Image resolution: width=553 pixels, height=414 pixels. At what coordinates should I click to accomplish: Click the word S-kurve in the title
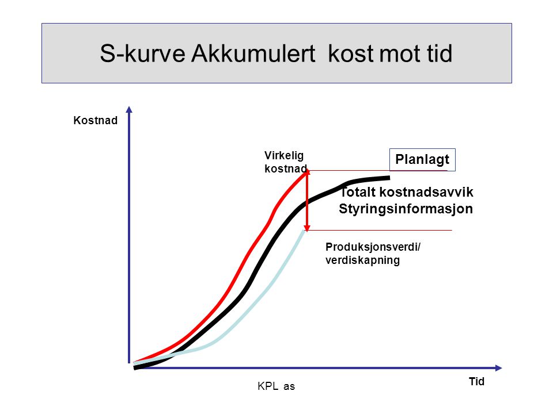click(x=142, y=53)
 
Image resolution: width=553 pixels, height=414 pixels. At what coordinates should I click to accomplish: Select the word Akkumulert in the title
click(x=253, y=53)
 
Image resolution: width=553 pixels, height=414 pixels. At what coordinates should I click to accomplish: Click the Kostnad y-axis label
click(x=95, y=120)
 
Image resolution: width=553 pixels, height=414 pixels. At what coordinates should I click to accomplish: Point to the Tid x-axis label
click(x=476, y=381)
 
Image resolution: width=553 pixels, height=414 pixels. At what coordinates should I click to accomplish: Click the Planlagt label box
click(x=422, y=159)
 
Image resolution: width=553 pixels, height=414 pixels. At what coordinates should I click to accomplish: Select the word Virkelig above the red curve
click(x=284, y=156)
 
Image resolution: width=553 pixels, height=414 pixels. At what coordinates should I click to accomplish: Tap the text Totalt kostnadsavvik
click(x=406, y=192)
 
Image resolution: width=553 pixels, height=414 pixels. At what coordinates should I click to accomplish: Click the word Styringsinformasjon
click(x=406, y=209)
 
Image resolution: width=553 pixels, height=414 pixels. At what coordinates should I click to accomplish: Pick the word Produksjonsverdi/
click(x=373, y=247)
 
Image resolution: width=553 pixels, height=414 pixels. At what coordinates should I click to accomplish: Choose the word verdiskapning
click(x=362, y=260)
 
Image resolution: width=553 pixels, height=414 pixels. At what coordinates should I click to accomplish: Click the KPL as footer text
click(x=276, y=386)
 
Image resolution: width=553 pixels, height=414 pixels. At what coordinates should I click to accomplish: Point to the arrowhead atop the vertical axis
click(x=129, y=109)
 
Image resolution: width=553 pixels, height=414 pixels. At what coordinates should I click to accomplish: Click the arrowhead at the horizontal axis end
click(x=498, y=368)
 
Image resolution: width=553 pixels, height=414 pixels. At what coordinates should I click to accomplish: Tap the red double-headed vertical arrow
click(x=307, y=200)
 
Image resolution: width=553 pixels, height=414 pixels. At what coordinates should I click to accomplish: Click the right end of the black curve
click(x=389, y=178)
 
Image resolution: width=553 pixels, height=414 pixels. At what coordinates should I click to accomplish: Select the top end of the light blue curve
click(x=304, y=231)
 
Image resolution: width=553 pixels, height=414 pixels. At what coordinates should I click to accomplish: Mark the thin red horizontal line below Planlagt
click(x=378, y=171)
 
